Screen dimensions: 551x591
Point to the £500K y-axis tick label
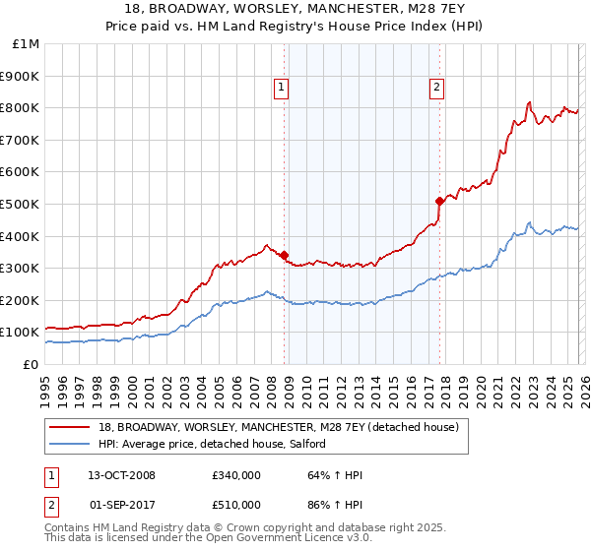pyautogui.click(x=22, y=204)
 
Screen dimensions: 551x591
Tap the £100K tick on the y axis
pyautogui.click(x=22, y=333)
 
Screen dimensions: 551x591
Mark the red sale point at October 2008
pyautogui.click(x=285, y=255)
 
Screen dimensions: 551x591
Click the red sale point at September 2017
pyautogui.click(x=439, y=201)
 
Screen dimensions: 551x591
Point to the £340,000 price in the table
pyautogui.click(x=235, y=475)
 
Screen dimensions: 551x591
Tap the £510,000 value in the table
pyautogui.click(x=235, y=504)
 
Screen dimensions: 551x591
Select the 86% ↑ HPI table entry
pyautogui.click(x=336, y=504)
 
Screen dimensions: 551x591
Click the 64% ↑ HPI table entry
pyautogui.click(x=336, y=475)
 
